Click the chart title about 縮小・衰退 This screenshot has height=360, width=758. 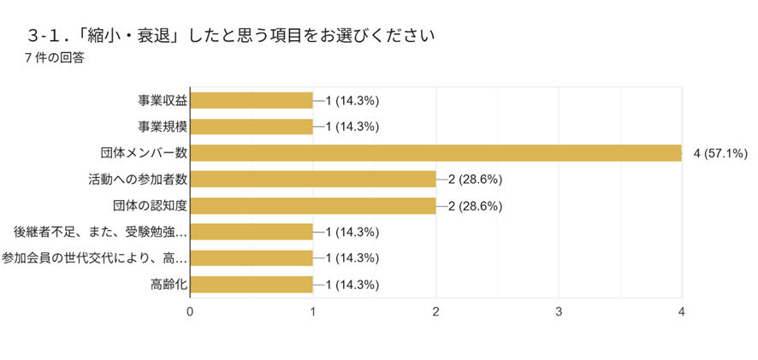[x=231, y=36]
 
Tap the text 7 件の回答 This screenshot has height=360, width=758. [x=55, y=58]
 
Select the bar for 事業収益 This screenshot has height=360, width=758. [x=252, y=100]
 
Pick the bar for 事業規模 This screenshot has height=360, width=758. [x=252, y=127]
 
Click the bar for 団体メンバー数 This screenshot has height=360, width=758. [x=435, y=153]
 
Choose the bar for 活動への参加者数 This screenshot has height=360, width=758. [x=313, y=180]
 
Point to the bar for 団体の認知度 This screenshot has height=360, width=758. [x=313, y=205]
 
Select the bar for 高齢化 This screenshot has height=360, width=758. [x=252, y=285]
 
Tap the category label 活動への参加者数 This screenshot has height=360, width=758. [x=138, y=180]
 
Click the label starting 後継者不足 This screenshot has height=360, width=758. [x=100, y=232]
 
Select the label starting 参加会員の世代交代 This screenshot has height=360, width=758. [x=94, y=258]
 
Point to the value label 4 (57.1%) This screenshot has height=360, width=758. [x=720, y=154]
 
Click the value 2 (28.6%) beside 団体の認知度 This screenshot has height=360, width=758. [x=475, y=206]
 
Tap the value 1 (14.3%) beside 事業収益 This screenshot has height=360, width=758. [x=352, y=101]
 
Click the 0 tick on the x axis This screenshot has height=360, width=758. [x=190, y=310]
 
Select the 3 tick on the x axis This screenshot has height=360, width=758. [x=559, y=310]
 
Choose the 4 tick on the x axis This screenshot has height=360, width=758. [x=681, y=310]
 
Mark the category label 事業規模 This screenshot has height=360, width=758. [x=163, y=127]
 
